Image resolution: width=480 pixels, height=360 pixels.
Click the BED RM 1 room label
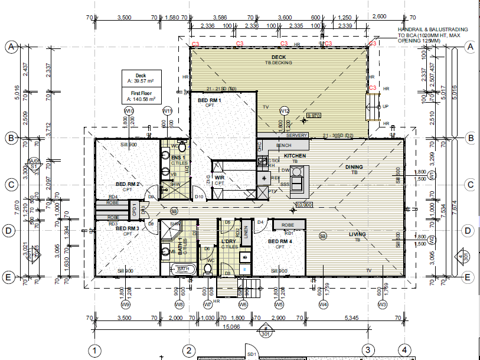(209, 101)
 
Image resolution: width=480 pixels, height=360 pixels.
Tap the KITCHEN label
(295, 156)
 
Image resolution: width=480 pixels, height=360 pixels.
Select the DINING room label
(354, 167)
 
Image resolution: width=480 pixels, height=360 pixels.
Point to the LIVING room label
(357, 234)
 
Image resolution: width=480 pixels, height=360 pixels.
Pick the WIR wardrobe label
(219, 177)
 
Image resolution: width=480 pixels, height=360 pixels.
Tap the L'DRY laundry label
(228, 243)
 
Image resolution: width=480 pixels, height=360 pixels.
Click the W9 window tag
(125, 305)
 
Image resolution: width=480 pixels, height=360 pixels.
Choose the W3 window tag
(382, 305)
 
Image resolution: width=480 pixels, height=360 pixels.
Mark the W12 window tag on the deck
(284, 110)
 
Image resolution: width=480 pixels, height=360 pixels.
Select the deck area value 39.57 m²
(141, 81)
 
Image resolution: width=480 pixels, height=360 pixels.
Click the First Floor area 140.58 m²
(141, 99)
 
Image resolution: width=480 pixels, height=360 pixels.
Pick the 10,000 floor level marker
(303, 205)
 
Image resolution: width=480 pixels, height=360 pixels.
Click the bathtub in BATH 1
(182, 269)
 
